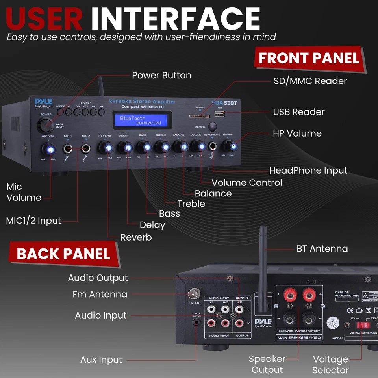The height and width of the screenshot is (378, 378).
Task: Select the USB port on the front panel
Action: tap(219, 115)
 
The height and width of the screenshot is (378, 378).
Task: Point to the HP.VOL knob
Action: tap(230, 147)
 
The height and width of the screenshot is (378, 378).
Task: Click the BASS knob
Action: tap(143, 148)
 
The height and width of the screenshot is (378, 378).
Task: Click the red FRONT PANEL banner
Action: tap(309, 58)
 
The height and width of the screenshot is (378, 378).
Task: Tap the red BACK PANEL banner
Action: tap(63, 254)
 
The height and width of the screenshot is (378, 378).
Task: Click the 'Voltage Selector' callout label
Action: tap(330, 365)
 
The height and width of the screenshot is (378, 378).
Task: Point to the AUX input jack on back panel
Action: tap(196, 322)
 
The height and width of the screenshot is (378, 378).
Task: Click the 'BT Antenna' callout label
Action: tap(322, 249)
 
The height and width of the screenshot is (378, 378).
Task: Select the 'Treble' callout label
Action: tap(191, 204)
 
